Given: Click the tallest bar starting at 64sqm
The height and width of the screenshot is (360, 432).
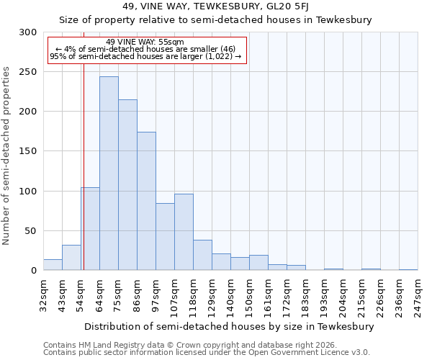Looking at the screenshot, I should coord(109,173).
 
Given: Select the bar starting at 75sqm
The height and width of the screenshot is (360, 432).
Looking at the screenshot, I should coord(127,184).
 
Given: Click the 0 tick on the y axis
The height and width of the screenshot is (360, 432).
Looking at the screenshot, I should coord(33,271).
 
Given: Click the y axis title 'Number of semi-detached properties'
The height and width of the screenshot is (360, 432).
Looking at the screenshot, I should coord(6,156).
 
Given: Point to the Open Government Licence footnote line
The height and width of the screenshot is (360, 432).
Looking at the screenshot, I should coord(206,353).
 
